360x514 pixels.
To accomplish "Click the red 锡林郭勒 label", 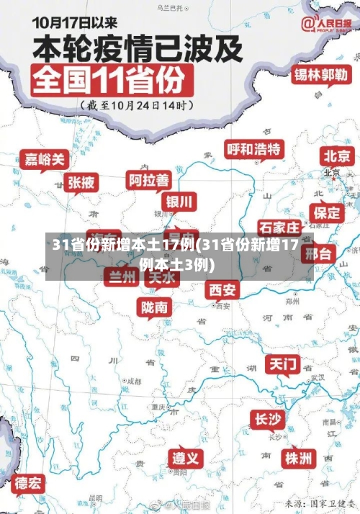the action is (x=320, y=74).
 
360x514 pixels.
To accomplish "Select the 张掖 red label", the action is (x=81, y=183).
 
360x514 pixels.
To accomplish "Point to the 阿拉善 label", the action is (x=150, y=179).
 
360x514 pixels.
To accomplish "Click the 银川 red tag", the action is (x=180, y=201).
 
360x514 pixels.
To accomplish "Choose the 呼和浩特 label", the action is (x=254, y=149).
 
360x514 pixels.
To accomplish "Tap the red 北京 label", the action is (x=337, y=155).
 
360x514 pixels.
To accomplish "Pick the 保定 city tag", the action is (x=326, y=212).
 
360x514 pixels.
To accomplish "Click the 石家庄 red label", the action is (x=279, y=227).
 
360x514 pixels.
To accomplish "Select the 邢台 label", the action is (x=318, y=253).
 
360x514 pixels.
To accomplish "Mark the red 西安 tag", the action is (x=222, y=289).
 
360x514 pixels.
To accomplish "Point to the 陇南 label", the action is (x=156, y=307).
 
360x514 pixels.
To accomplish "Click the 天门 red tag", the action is (x=283, y=364).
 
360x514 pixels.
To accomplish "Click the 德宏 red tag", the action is (x=30, y=482).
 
